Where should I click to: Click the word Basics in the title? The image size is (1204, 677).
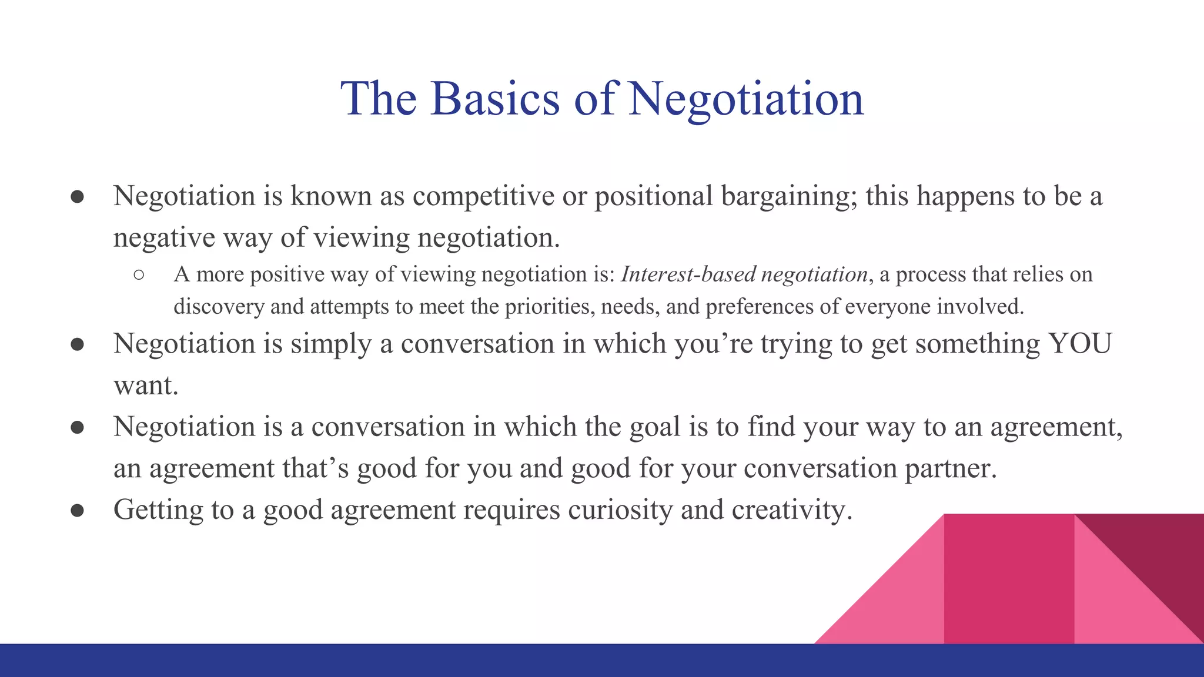click(495, 99)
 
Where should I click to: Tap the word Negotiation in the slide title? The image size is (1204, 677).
click(745, 99)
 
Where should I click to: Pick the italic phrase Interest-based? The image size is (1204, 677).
click(687, 274)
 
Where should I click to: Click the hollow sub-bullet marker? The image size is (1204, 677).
click(139, 275)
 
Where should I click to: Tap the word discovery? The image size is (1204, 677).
click(219, 307)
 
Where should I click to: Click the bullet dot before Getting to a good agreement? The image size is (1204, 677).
click(77, 510)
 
